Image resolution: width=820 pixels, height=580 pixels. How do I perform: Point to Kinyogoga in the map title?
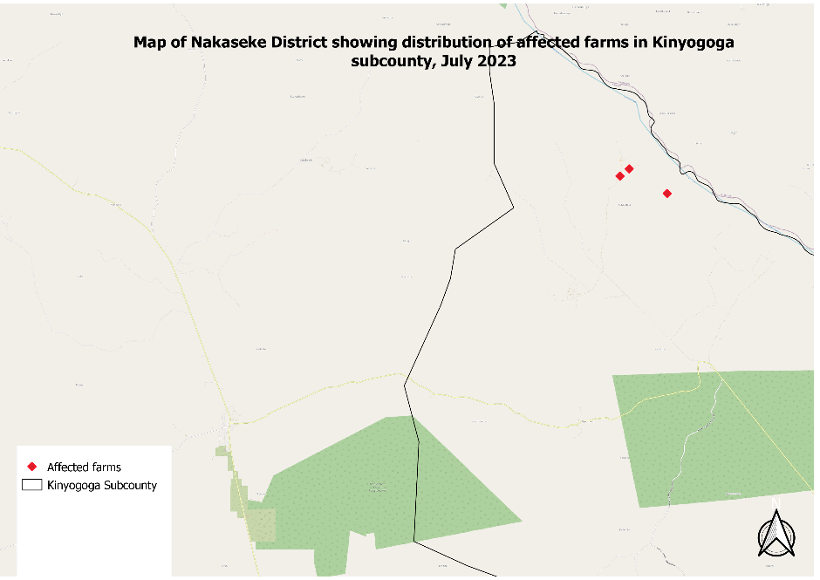click(x=692, y=42)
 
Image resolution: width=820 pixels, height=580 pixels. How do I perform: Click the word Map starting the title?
click(x=148, y=42)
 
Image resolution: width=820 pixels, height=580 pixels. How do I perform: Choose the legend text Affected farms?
click(x=84, y=467)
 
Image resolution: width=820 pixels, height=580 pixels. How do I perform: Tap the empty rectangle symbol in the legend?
click(x=33, y=485)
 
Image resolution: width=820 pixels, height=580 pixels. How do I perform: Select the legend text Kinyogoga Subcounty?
click(x=102, y=485)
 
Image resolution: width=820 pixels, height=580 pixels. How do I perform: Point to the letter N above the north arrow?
click(x=774, y=501)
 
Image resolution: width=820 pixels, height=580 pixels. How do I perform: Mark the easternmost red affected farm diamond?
click(x=667, y=194)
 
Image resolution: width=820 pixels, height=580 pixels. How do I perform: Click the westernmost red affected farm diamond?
click(x=620, y=176)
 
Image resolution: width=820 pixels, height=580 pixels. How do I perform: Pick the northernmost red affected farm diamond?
click(x=629, y=168)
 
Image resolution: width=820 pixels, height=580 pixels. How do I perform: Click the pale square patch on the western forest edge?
click(x=260, y=524)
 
